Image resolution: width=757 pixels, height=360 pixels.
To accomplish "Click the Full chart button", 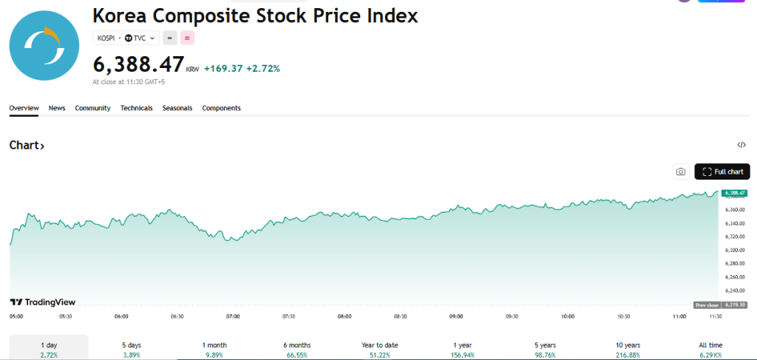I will (722, 171).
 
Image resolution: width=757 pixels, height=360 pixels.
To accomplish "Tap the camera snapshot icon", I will (681, 171).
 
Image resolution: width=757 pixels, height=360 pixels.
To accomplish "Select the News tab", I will (57, 108).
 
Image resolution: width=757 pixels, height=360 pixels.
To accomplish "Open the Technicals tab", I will (137, 108).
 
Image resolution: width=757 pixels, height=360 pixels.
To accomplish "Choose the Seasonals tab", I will (177, 108).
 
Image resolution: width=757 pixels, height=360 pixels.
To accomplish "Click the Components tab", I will (221, 108).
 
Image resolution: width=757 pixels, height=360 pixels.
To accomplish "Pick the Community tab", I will (92, 108).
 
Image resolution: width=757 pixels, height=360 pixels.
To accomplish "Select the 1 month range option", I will (214, 349).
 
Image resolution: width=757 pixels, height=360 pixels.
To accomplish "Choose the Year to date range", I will (379, 349).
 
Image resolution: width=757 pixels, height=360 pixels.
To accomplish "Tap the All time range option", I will (710, 349).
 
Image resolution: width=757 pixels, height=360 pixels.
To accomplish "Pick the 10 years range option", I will (628, 349).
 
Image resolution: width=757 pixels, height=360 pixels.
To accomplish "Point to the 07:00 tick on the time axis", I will (233, 316).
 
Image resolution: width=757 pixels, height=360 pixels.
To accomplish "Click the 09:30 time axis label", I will (512, 316).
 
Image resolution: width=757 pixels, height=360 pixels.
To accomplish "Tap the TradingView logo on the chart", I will (43, 302).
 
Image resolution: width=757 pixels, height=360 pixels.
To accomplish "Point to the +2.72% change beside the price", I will (265, 69).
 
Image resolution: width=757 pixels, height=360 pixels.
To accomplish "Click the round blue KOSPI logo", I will (44, 44).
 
